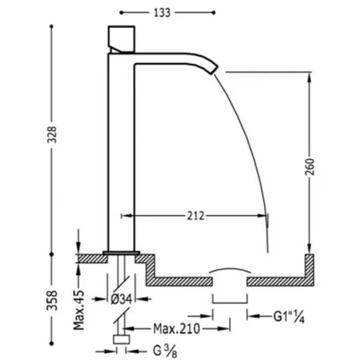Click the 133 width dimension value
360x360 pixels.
pyautogui.click(x=162, y=13)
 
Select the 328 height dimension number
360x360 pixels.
pyautogui.click(x=52, y=135)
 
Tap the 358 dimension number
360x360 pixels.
pyautogui.click(x=52, y=300)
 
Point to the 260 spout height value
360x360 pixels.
pyautogui.click(x=310, y=167)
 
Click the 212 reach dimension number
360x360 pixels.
pyautogui.click(x=196, y=216)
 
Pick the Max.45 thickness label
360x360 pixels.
pyautogui.click(x=79, y=310)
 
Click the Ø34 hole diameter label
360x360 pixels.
pyautogui.click(x=121, y=299)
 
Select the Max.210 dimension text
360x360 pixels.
pyautogui.click(x=177, y=329)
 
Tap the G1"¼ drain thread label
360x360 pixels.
pyautogui.click(x=289, y=316)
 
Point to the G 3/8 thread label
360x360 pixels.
pyautogui.click(x=165, y=351)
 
